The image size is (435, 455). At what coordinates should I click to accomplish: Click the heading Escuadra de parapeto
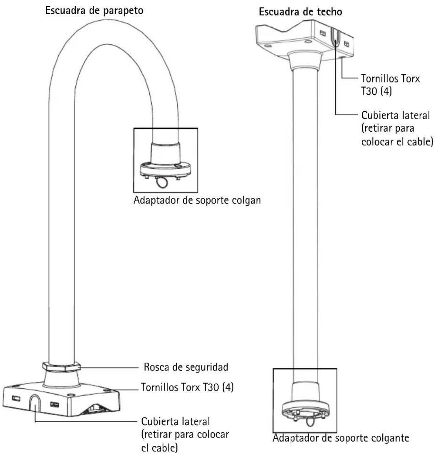(x=94, y=11)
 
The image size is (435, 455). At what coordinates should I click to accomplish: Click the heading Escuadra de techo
(x=300, y=12)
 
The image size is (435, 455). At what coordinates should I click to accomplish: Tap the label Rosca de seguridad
(x=186, y=367)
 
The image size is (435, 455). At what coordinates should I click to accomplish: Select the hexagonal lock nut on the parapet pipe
(x=62, y=367)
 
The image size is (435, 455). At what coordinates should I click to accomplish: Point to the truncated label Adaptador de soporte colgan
(x=197, y=200)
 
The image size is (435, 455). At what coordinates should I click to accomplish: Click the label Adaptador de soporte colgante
(x=341, y=438)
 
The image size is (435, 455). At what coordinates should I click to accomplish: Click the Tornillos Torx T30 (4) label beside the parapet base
(x=187, y=387)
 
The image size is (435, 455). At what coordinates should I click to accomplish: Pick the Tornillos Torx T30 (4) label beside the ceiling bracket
(x=390, y=85)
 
